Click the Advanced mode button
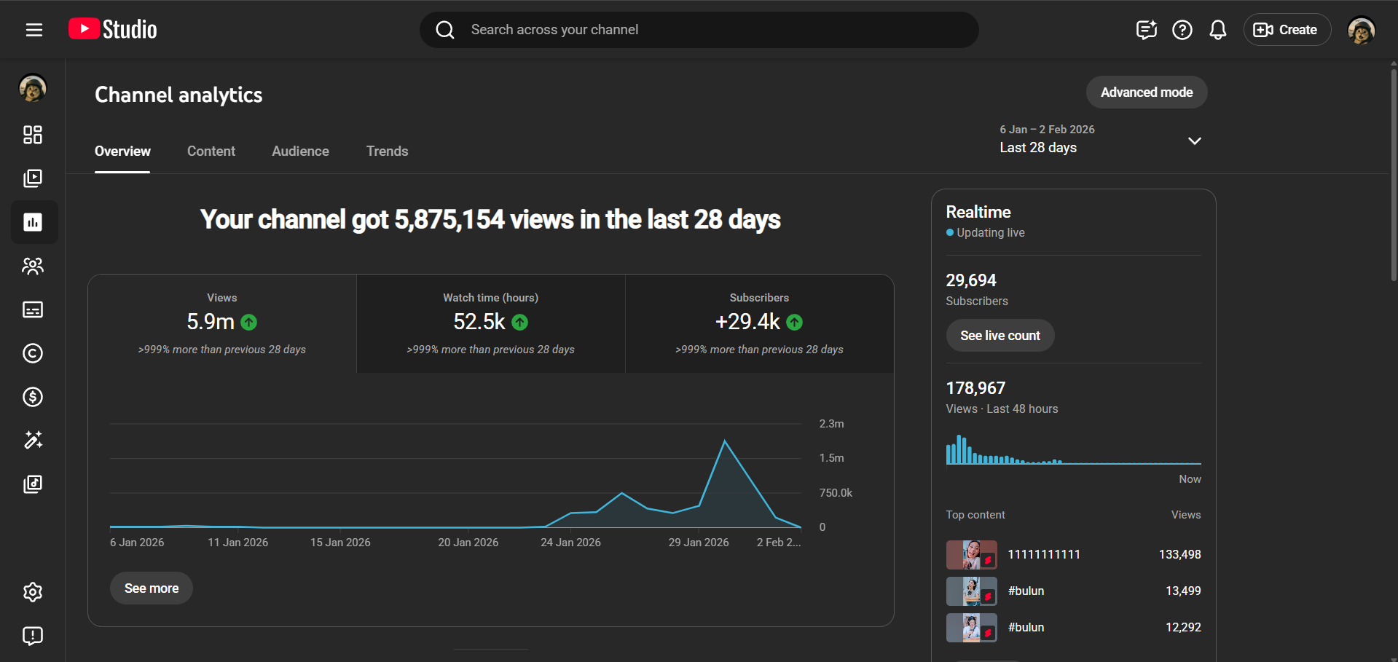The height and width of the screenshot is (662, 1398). tap(1146, 92)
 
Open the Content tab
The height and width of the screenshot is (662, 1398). tap(211, 151)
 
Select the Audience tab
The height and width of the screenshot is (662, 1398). tap(300, 151)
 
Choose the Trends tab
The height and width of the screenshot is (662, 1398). tap(387, 151)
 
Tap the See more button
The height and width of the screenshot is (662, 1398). tap(152, 588)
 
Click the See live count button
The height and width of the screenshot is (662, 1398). tap(1000, 336)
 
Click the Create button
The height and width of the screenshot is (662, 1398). tap(1287, 30)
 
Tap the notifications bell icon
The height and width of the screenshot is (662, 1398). tap(1217, 30)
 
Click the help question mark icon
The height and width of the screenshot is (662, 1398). tap(1182, 30)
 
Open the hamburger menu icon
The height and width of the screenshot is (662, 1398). tap(34, 30)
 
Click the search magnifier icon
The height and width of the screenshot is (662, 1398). tap(445, 30)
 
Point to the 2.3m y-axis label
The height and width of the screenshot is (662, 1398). tap(831, 424)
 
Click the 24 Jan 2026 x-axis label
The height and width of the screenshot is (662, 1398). tap(570, 543)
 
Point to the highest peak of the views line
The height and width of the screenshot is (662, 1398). tap(725, 441)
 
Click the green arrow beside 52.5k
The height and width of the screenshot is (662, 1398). tap(519, 322)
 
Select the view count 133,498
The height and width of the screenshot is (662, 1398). tap(1179, 555)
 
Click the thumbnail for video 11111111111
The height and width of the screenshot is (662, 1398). tap(971, 555)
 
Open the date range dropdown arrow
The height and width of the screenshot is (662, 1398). tap(1194, 141)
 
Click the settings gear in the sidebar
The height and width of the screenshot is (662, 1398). tap(33, 592)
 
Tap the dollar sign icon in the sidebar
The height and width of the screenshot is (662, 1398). tap(33, 397)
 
